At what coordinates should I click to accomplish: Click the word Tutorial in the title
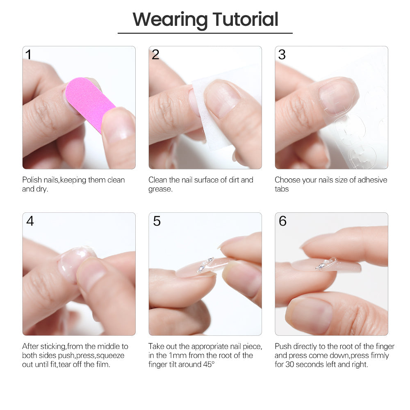pos(245,19)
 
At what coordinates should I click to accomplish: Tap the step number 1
pos(28,55)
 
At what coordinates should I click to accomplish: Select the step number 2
pos(155,55)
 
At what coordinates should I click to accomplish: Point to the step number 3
pos(282,55)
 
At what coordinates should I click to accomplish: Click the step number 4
pos(30,221)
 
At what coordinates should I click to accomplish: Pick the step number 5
pos(157,221)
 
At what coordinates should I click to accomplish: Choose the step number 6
pos(282,221)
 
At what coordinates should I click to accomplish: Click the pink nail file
pos(90,104)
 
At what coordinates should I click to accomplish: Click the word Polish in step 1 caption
pos(32,180)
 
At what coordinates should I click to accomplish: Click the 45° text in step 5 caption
pos(209,364)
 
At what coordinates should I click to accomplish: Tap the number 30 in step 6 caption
pos(289,364)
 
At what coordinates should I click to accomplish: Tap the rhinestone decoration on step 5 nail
pos(205,264)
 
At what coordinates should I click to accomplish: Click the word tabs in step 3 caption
pos(282,189)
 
